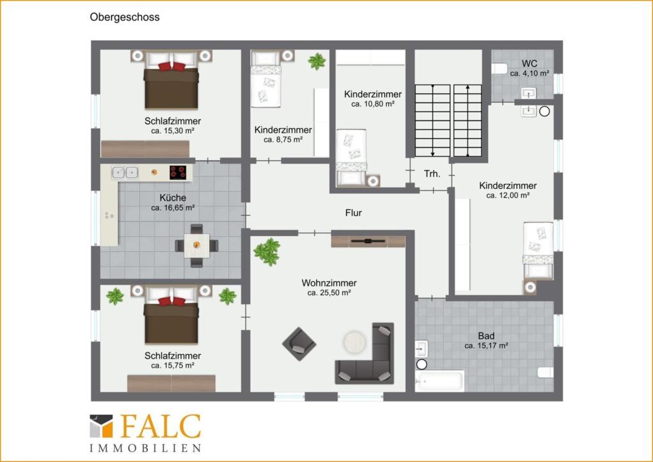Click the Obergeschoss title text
pyautogui.click(x=124, y=18)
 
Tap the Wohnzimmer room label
pyautogui.click(x=329, y=283)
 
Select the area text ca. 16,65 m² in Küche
pyautogui.click(x=173, y=208)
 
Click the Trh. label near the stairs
pyautogui.click(x=432, y=174)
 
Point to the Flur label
pyautogui.click(x=353, y=212)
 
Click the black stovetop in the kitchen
pyautogui.click(x=178, y=172)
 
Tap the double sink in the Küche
pyautogui.click(x=124, y=172)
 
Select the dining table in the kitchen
pyautogui.click(x=196, y=245)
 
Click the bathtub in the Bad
pyautogui.click(x=439, y=381)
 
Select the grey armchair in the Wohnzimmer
pyautogui.click(x=298, y=343)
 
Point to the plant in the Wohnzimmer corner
pyautogui.click(x=267, y=251)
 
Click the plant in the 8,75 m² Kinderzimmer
pyautogui.click(x=316, y=61)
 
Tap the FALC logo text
pyautogui.click(x=159, y=426)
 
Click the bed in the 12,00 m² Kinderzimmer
pyautogui.click(x=538, y=250)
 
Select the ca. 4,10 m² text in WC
pyautogui.click(x=529, y=73)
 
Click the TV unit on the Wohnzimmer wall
pyautogui.click(x=368, y=241)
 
